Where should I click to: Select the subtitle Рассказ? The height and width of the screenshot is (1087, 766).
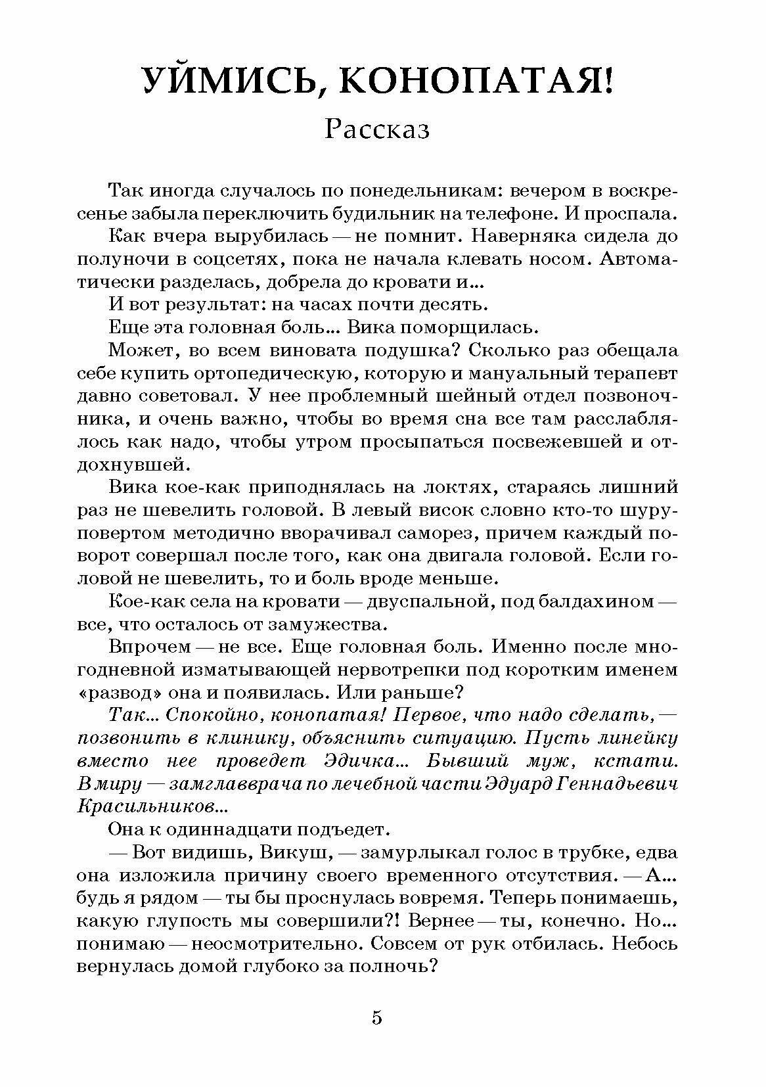click(377, 129)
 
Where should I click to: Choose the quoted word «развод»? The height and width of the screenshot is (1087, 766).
click(118, 693)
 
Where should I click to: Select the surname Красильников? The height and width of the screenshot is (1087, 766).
click(154, 806)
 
